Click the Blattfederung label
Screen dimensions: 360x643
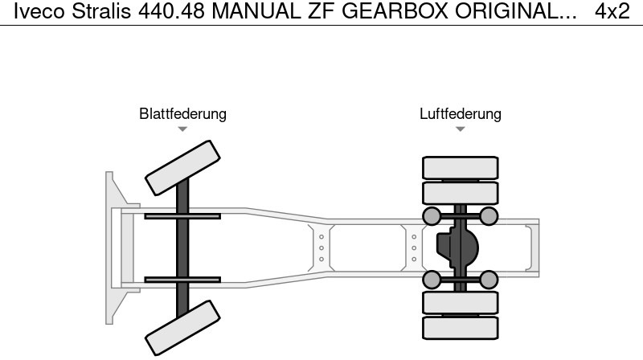(182, 114)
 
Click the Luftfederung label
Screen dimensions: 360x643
(460, 114)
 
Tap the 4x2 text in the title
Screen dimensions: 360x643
(612, 11)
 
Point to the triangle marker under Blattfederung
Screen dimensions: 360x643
(182, 129)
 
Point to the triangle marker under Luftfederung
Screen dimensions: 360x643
(460, 129)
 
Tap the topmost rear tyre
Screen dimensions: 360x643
(460, 167)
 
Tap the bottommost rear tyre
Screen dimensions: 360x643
(460, 327)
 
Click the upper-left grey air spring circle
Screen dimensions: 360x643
(432, 215)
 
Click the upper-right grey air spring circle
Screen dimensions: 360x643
(489, 215)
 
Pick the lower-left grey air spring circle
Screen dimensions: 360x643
(432, 279)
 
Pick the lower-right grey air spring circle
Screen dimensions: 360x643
(489, 279)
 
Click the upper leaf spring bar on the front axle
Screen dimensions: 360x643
(182, 215)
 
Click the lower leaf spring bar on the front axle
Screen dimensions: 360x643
(182, 280)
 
